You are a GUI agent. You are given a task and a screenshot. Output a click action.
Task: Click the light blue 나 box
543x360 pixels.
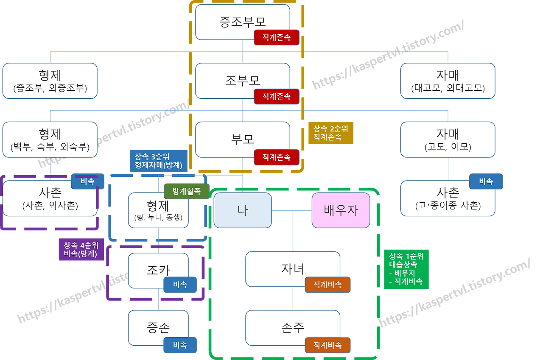(x=243, y=210)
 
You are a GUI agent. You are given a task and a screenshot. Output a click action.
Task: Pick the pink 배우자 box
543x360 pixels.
(x=341, y=210)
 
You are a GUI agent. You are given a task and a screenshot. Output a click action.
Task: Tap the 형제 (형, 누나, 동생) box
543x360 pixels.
(x=158, y=210)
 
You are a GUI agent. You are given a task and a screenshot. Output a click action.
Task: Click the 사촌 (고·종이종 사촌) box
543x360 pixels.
(x=448, y=198)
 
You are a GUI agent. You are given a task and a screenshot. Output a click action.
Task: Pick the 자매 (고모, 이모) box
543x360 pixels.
(x=448, y=139)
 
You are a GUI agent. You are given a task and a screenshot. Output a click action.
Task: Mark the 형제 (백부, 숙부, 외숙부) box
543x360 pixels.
(x=50, y=139)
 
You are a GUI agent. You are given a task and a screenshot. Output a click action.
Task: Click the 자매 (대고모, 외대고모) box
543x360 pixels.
(x=448, y=81)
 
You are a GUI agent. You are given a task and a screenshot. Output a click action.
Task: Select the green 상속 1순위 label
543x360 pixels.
(x=406, y=269)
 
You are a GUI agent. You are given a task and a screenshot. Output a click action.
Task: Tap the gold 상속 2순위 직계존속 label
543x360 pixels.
(x=331, y=133)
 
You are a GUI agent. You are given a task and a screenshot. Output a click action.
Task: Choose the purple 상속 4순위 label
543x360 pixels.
(x=81, y=249)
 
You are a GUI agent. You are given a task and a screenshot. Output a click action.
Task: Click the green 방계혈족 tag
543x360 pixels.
(x=186, y=191)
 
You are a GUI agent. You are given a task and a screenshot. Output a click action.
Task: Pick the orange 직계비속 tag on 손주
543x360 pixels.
(x=327, y=345)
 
